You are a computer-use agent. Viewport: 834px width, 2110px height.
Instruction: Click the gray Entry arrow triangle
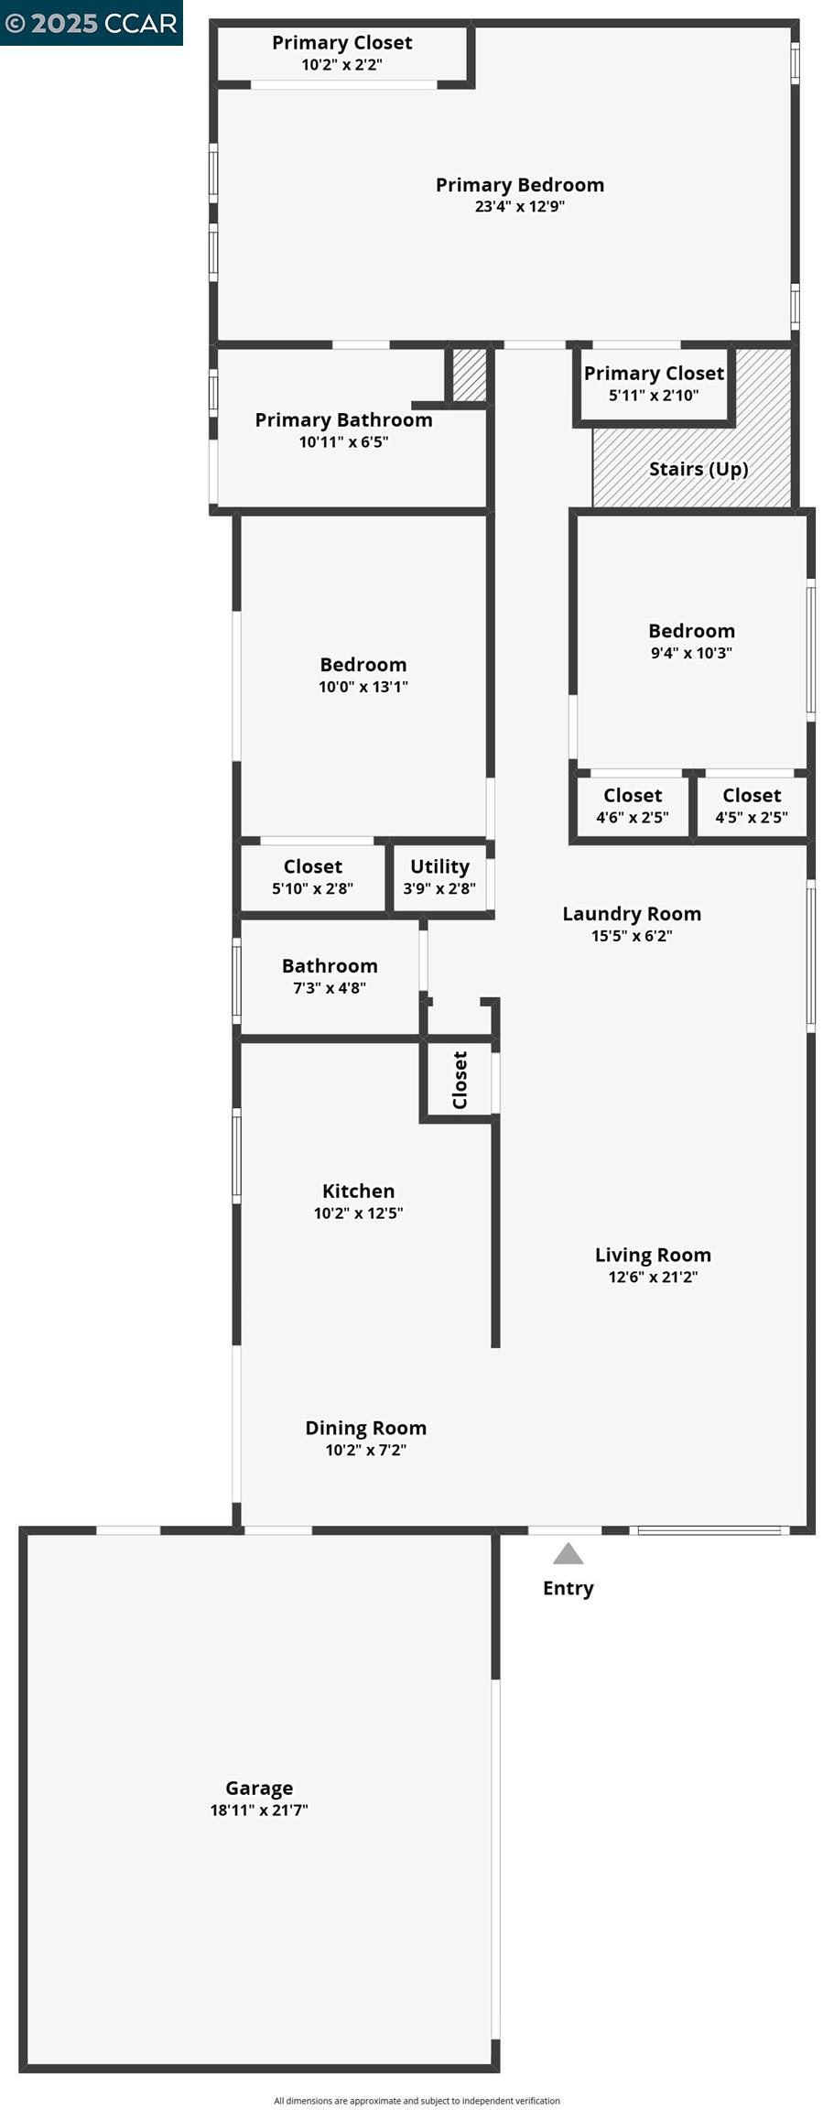(x=568, y=1553)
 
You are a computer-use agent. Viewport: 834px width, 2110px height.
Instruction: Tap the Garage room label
(x=259, y=1788)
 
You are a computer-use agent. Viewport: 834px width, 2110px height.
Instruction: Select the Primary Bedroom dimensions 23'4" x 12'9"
(x=519, y=206)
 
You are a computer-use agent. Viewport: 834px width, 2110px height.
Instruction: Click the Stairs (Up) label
(x=699, y=469)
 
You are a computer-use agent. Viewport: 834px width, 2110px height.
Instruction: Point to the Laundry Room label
(x=632, y=914)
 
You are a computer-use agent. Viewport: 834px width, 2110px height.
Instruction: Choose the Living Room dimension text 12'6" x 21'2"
(x=653, y=1277)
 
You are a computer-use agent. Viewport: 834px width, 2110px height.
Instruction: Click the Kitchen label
(x=358, y=1191)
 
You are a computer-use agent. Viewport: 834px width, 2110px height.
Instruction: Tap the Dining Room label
(x=365, y=1428)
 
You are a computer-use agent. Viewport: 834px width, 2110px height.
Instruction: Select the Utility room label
(x=439, y=866)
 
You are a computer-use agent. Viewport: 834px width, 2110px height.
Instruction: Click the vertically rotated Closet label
(x=460, y=1080)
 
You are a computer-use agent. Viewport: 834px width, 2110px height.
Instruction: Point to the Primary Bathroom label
(x=343, y=419)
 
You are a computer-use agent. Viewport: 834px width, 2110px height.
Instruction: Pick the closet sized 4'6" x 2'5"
(x=632, y=806)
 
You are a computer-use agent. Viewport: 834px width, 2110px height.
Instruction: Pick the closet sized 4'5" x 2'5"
(x=751, y=806)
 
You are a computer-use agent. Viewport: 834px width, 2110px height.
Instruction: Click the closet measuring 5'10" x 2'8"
(x=312, y=876)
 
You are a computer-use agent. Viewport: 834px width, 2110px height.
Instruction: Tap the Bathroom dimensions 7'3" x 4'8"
(x=330, y=987)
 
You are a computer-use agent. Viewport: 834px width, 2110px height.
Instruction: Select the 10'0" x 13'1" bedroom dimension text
(x=363, y=686)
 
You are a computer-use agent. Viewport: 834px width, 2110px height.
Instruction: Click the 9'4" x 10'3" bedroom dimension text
(x=691, y=652)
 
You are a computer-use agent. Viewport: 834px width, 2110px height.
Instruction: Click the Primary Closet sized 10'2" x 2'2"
(x=341, y=53)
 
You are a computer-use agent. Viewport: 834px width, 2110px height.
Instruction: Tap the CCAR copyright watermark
(x=91, y=23)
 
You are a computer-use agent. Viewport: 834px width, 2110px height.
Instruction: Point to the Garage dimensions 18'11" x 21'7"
(x=259, y=1810)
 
